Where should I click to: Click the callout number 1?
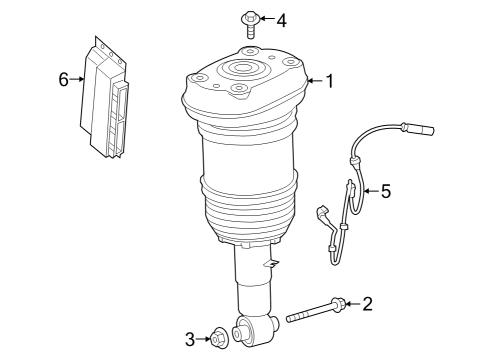click(330, 81)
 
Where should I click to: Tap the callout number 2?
click(367, 304)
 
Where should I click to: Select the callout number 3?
click(190, 339)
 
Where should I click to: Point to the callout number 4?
click(282, 21)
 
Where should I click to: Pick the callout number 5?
click(386, 191)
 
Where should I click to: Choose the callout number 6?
click(63, 79)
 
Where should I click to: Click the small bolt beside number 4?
click(250, 24)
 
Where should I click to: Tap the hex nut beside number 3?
click(219, 338)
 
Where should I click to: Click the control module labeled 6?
click(104, 98)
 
